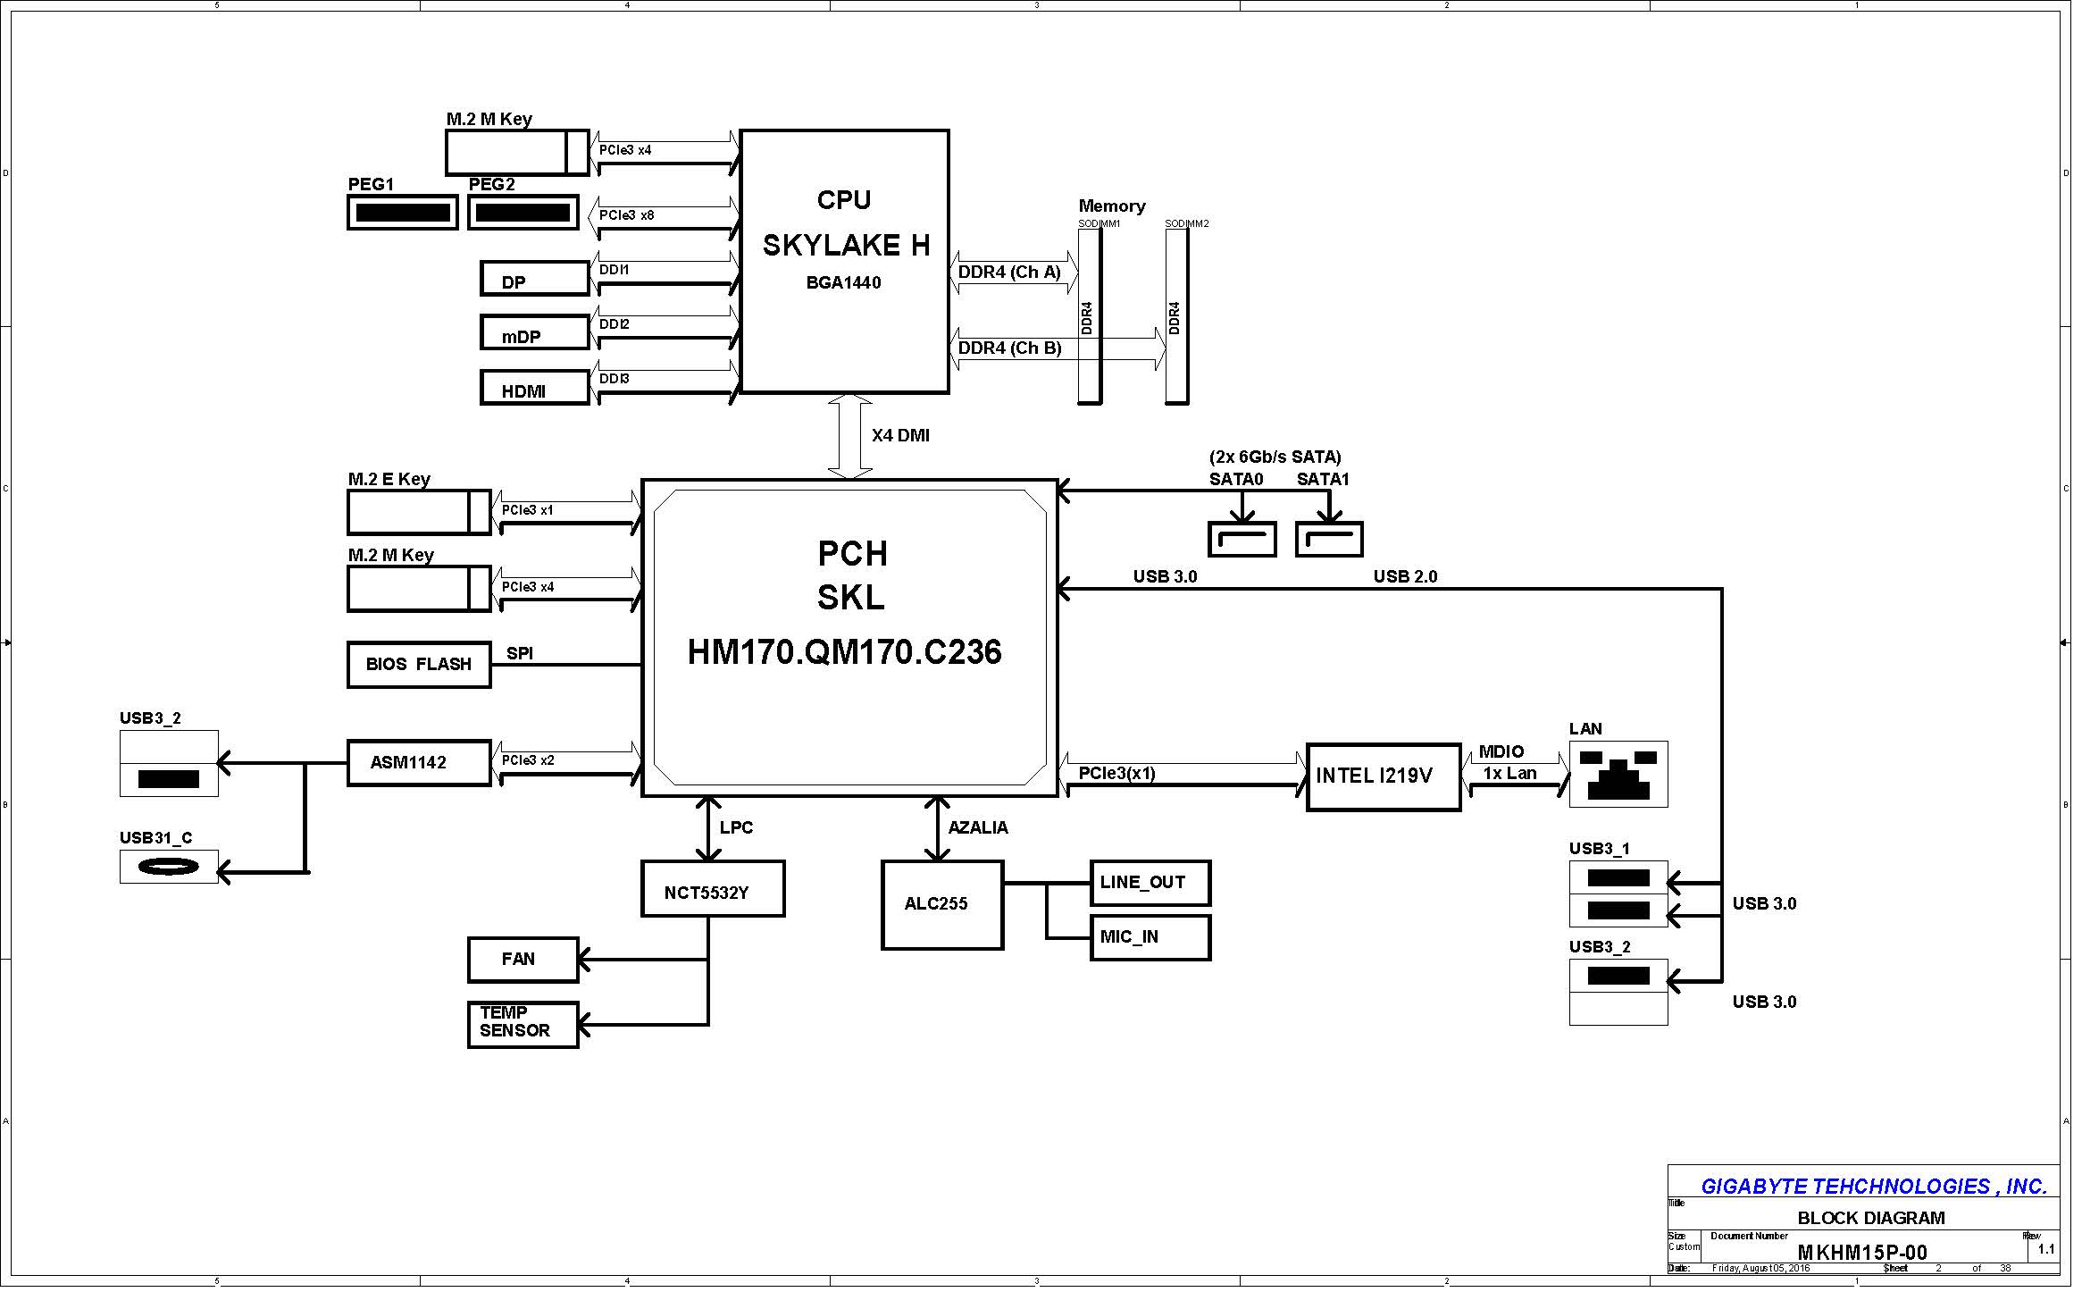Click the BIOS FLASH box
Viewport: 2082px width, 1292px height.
[419, 665]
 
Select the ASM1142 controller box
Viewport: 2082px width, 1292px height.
[419, 763]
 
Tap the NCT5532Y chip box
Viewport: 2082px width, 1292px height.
[713, 889]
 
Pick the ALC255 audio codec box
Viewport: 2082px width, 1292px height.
[942, 905]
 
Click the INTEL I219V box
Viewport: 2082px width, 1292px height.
[1383, 776]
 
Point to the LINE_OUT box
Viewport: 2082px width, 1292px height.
[1150, 883]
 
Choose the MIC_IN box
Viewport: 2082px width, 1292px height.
[1150, 937]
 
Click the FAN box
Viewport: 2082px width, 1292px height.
[523, 960]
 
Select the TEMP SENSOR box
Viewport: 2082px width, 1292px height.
[523, 1025]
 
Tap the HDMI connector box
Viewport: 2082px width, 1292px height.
[534, 389]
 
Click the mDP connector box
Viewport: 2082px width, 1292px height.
[534, 333]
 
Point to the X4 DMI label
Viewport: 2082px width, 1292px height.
[900, 436]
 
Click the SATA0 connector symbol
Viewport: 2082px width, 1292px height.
[1242, 540]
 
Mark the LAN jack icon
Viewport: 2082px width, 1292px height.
[1618, 775]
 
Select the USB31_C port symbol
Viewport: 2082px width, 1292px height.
[169, 867]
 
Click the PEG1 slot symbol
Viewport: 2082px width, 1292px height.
[402, 213]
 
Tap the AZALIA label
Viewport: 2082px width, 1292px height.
[978, 828]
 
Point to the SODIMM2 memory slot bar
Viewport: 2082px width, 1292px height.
[1176, 316]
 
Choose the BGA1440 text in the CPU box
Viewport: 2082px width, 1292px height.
[843, 283]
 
